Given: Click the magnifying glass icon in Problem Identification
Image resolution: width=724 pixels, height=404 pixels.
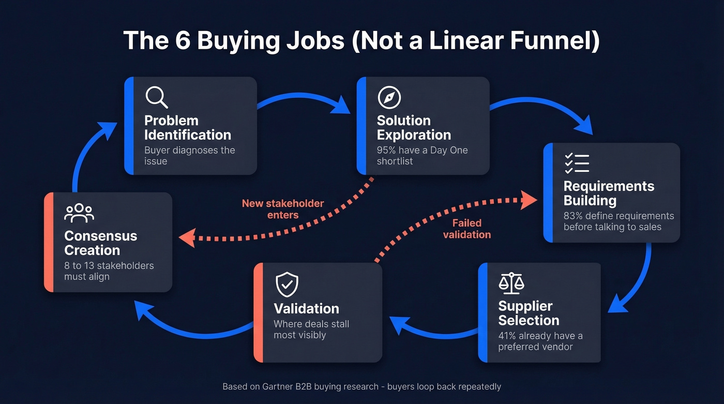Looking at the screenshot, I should point(156,97).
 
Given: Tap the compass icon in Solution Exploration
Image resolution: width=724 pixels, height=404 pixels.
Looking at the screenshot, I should point(389,97).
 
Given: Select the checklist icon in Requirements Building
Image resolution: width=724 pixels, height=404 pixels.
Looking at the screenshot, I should point(577,163).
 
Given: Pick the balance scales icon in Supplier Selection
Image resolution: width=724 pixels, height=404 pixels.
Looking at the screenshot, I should point(511,283).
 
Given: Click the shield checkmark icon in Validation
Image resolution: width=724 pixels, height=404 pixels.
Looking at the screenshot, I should point(286,285).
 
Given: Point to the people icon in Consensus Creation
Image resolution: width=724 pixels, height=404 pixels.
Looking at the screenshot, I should point(79,213).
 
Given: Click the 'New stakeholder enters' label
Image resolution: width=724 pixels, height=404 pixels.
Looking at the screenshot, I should point(283,208).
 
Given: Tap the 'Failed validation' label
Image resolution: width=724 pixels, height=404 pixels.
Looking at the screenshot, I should point(466,229).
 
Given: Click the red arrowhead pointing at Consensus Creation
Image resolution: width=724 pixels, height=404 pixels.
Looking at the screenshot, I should point(186,238).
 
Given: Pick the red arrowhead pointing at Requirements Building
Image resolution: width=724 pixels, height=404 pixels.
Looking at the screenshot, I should point(529,200).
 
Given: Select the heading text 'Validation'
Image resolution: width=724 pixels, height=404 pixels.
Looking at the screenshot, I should point(306,309).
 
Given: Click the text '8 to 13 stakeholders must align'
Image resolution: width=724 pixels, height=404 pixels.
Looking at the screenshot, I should point(109,271).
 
